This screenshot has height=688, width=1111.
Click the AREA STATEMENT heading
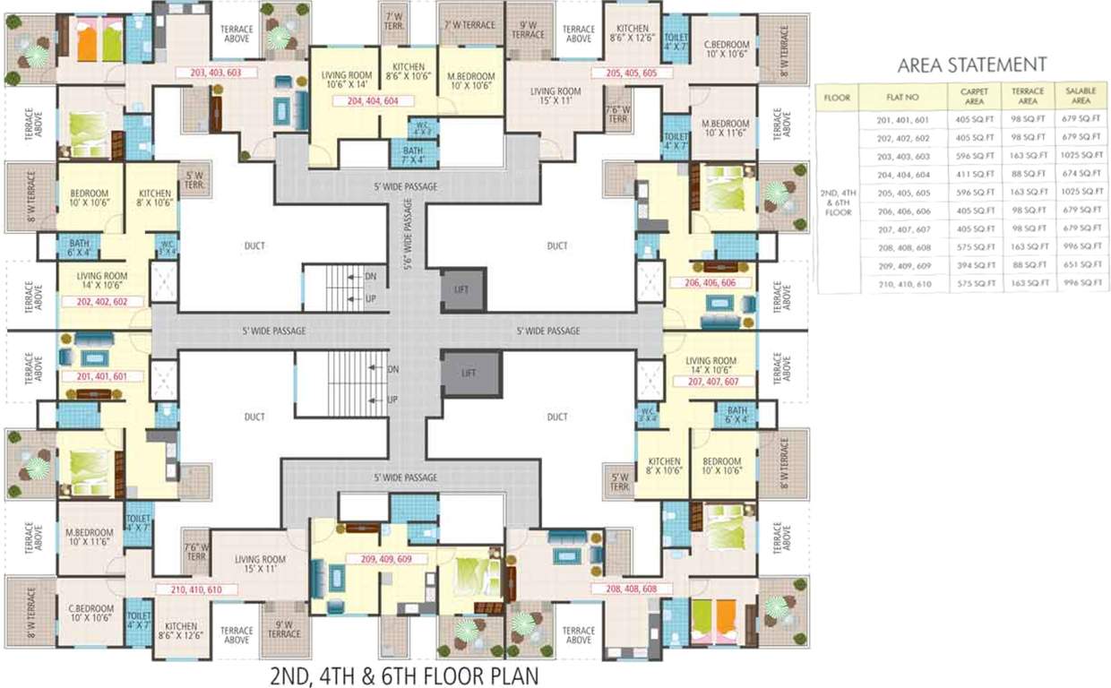click(x=972, y=64)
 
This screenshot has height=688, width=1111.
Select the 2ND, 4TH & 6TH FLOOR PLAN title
click(x=405, y=673)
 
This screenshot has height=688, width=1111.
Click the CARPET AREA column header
click(x=974, y=95)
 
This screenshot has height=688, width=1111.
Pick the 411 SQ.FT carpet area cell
click(x=974, y=174)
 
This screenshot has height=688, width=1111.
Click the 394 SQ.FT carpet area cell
click(x=974, y=265)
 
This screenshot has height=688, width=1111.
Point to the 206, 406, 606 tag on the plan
click(x=710, y=282)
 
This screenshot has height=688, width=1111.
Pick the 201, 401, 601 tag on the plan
click(x=103, y=376)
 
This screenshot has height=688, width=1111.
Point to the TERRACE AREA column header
click(x=1027, y=95)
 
